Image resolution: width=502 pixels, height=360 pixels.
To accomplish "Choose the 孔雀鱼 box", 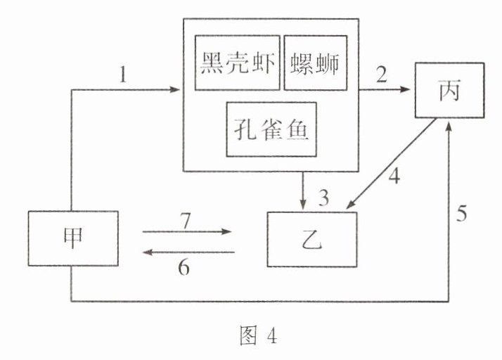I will tap(270, 130).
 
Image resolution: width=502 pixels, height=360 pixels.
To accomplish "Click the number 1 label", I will tap(124, 73).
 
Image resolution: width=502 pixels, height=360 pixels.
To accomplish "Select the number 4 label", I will tap(394, 176).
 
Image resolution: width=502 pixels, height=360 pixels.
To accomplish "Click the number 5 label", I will tap(462, 212).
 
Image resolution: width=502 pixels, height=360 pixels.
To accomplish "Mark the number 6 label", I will tap(184, 268).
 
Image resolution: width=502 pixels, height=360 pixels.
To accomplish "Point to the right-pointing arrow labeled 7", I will tap(187, 231).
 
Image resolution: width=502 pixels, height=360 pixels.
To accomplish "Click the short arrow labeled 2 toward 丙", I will tap(385, 89).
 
